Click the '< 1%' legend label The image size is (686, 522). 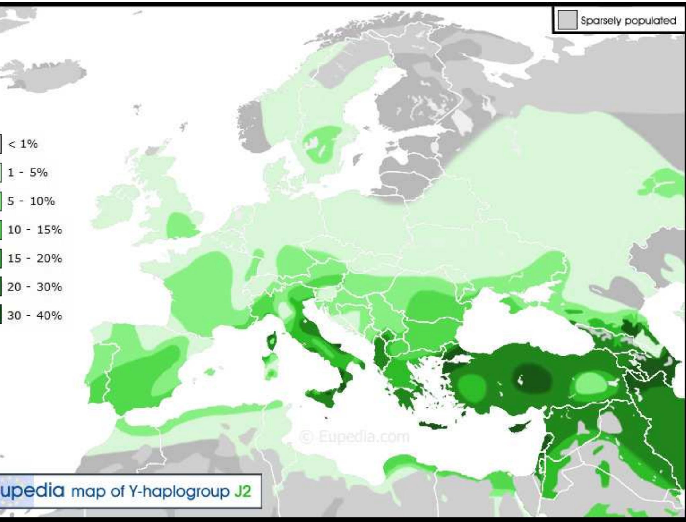pyautogui.click(x=23, y=144)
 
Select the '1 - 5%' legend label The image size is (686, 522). pyautogui.click(x=27, y=173)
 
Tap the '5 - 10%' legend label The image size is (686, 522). pyautogui.click(x=31, y=201)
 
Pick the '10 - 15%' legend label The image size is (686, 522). pyautogui.click(x=34, y=230)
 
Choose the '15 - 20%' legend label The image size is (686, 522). pyautogui.click(x=34, y=259)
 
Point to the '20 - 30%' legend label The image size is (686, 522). pyautogui.click(x=34, y=287)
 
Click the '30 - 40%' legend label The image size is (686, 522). pyautogui.click(x=34, y=316)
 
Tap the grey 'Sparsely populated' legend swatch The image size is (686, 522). pyautogui.click(x=567, y=20)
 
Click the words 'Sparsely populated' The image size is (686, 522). pyautogui.click(x=629, y=21)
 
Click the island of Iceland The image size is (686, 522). pyautogui.click(x=47, y=76)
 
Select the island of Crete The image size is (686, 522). pyautogui.click(x=434, y=425)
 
